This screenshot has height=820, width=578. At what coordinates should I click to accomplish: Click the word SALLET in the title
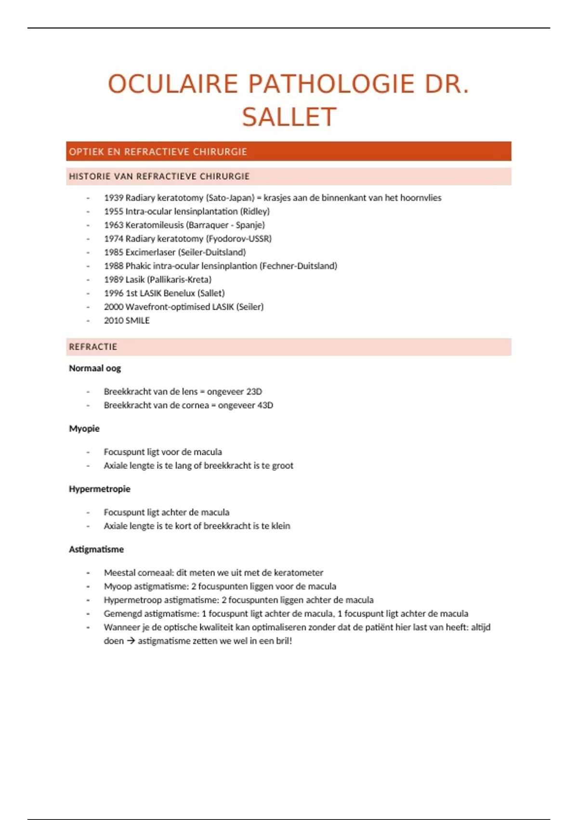(x=289, y=117)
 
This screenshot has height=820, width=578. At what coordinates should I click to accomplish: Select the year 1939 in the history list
(x=114, y=198)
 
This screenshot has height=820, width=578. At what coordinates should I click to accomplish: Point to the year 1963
(x=114, y=225)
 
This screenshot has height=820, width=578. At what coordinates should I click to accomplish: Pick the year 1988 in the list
(x=114, y=266)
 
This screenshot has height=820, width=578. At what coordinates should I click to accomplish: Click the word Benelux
(x=179, y=293)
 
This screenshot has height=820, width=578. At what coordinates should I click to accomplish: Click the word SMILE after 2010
(x=138, y=320)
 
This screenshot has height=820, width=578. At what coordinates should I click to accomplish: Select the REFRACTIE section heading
(x=93, y=347)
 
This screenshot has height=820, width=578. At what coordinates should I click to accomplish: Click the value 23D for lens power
(x=254, y=392)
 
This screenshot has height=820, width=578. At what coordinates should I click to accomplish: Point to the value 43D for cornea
(x=265, y=405)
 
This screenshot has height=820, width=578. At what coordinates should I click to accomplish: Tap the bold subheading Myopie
(x=84, y=428)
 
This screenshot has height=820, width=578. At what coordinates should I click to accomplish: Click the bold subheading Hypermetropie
(x=100, y=489)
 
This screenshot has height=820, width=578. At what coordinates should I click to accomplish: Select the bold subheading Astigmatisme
(x=96, y=549)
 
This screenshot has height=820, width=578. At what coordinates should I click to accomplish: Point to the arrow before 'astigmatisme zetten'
(x=131, y=641)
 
